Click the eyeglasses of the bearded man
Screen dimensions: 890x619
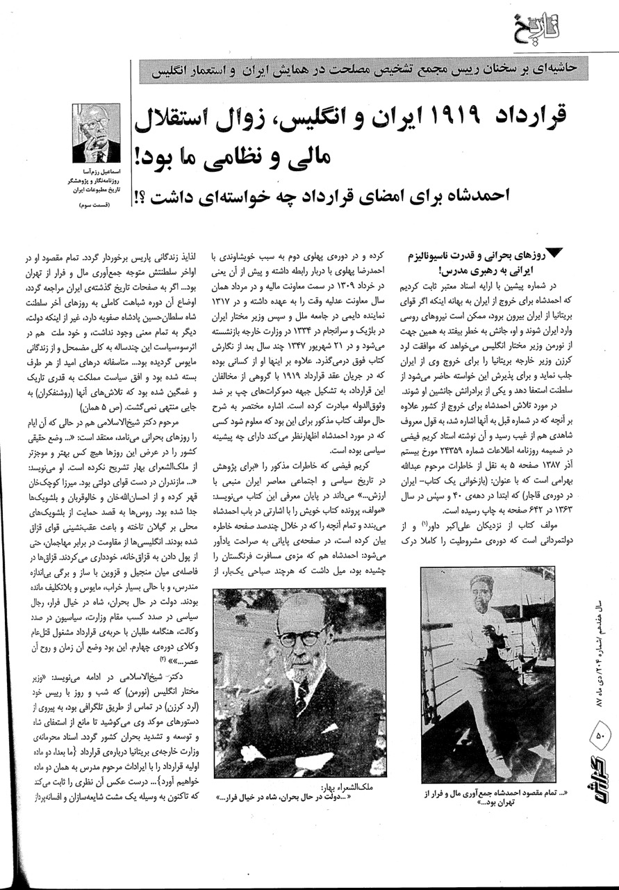point(303,636)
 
